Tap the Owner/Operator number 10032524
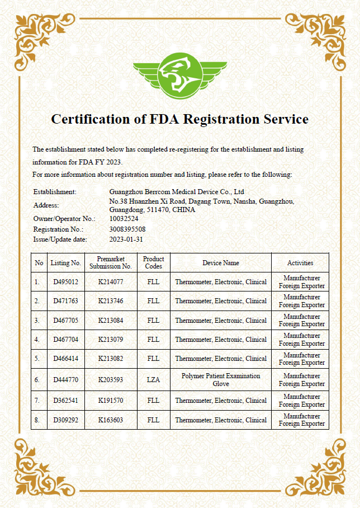(124, 219)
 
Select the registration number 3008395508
(127, 229)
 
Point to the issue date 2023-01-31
(126, 239)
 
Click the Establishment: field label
(55, 192)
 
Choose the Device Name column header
(221, 263)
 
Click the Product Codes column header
(153, 263)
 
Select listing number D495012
(65, 282)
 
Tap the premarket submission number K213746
(111, 301)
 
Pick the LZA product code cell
(153, 380)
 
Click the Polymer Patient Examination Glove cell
(221, 380)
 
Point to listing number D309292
(65, 420)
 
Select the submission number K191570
(111, 401)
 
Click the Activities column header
(300, 263)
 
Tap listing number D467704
(65, 340)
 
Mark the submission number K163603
(111, 420)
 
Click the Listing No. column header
(65, 263)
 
